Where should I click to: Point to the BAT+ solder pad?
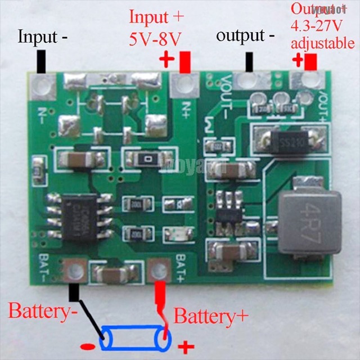pos(159,272)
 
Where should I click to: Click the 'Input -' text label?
pos(43,37)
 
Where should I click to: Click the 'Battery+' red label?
pos(211,316)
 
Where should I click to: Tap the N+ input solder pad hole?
pos(184,86)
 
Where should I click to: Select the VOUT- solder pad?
pos(246,81)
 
